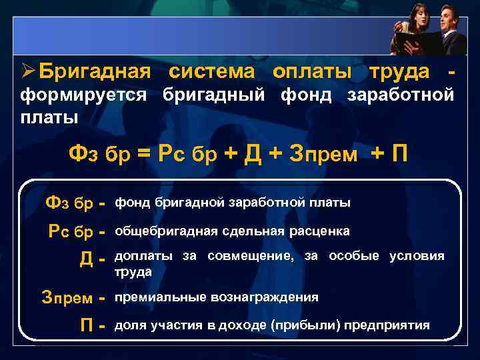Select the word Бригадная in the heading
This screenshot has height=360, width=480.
(x=95, y=71)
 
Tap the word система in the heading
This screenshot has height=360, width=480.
(x=212, y=71)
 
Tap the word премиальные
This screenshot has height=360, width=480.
(x=157, y=296)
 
